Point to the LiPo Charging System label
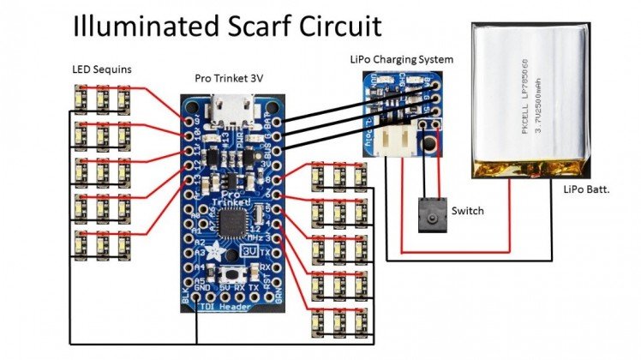[x=402, y=58]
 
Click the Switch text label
[x=467, y=210]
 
